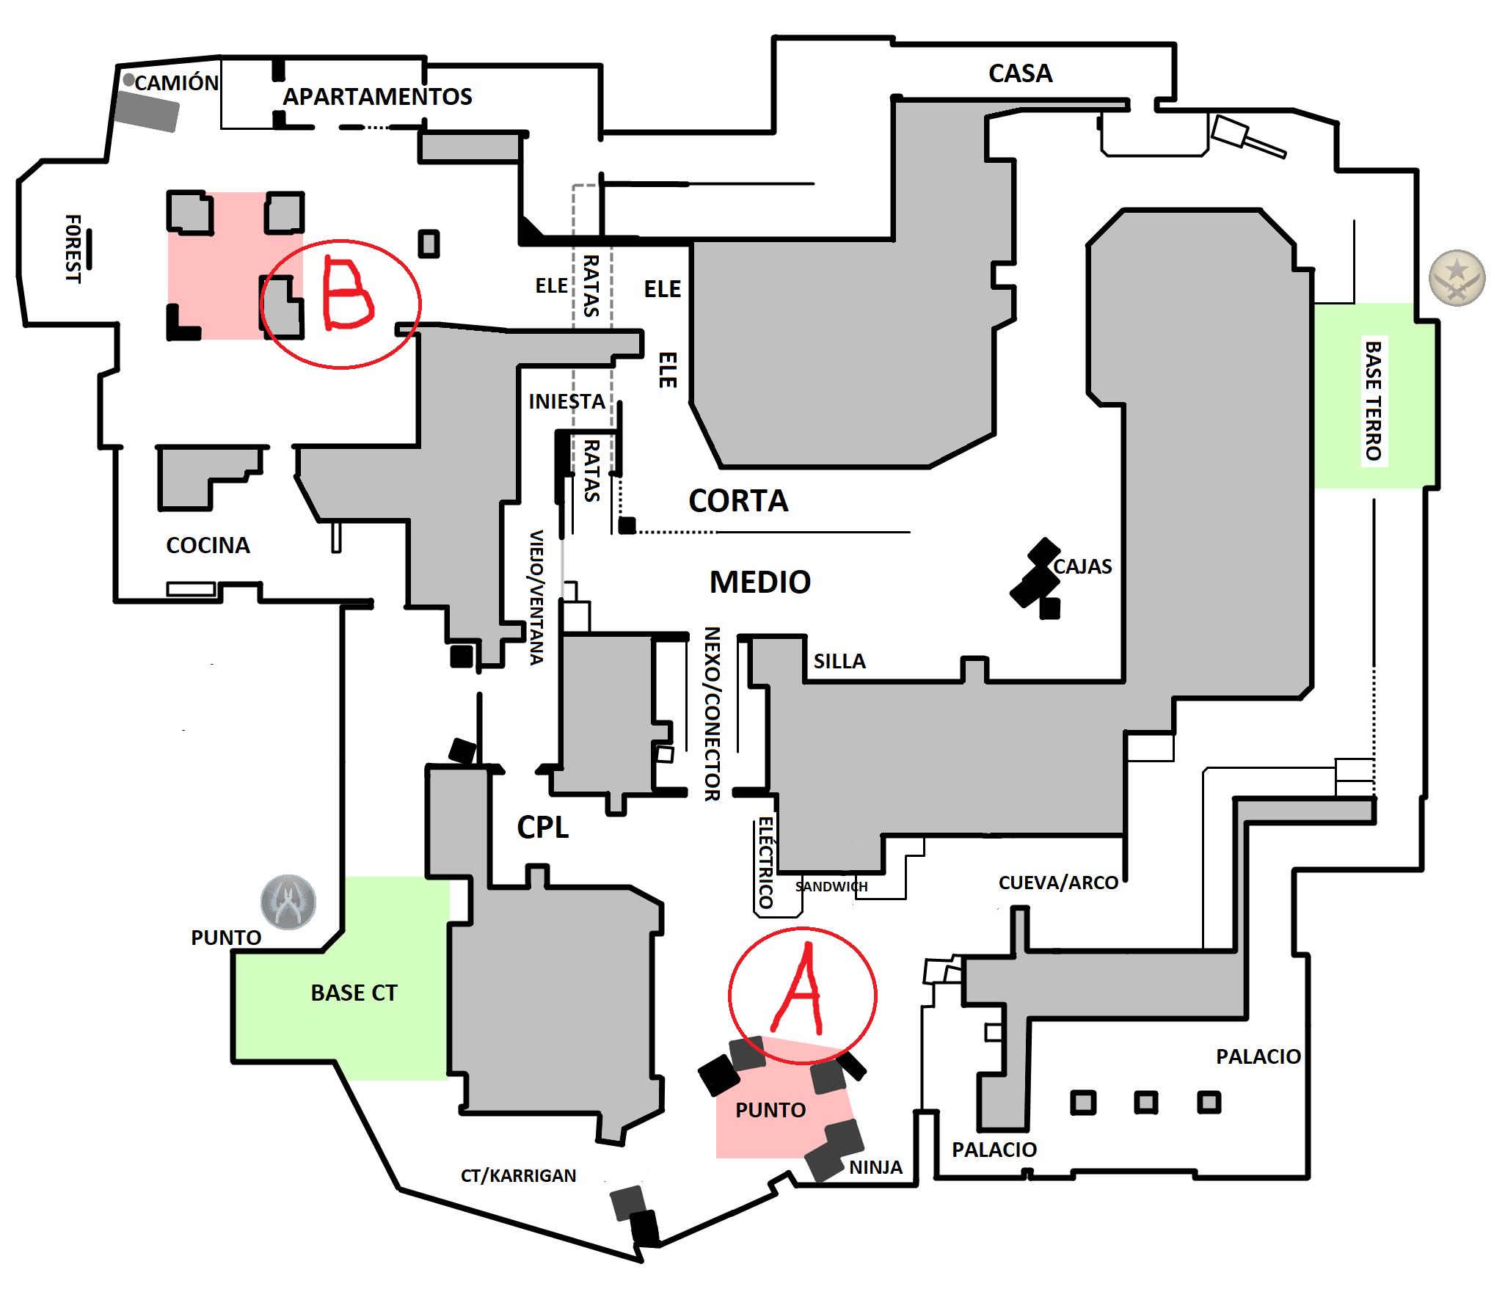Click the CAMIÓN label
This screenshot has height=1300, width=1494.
coord(176,83)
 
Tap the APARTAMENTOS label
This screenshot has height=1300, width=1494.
coord(377,97)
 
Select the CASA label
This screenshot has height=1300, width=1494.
coord(1020,73)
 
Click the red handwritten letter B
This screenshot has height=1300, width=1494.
coord(347,295)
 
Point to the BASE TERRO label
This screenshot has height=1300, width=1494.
coord(1373,401)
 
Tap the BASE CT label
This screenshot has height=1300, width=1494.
coord(354,993)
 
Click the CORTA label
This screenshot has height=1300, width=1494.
coord(738,501)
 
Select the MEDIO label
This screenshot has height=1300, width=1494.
coord(759,583)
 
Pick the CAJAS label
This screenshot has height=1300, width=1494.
coord(1082,566)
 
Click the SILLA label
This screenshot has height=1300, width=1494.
coord(839,662)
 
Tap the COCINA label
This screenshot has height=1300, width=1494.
coord(208,545)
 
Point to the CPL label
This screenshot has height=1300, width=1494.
coord(542,828)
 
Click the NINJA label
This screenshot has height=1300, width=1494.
coord(875,1167)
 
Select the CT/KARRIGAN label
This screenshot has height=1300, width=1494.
coord(518,1176)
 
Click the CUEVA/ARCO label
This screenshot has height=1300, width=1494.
coord(1058,883)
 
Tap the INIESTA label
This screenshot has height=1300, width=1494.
coord(566,401)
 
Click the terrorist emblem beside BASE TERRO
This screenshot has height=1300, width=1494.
coord(1457,278)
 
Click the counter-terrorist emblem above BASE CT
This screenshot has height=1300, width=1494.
coord(288,902)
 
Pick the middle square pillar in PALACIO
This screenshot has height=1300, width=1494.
coord(1145,1103)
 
